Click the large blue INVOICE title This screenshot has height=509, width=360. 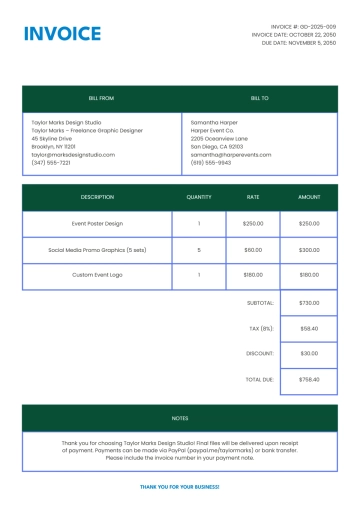pos(62,34)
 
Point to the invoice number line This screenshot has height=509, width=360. pos(304,26)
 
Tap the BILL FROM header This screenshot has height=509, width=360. pos(102,99)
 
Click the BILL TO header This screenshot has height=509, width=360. pos(259,99)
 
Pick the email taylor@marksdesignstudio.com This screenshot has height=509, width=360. pos(73,155)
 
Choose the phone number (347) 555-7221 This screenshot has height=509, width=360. pos(51,163)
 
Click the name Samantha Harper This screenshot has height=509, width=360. pos(214,122)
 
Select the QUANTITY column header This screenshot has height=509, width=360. pos(199,197)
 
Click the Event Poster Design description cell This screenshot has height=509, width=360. pos(98,224)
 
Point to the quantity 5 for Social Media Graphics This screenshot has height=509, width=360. pos(199,250)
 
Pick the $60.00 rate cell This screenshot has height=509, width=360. pos(253,250)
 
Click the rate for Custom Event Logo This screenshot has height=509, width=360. pos(253,275)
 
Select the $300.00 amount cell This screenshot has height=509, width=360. pos(309,250)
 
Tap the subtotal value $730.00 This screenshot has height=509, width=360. pos(309,302)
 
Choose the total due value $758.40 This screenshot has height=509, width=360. pos(309,380)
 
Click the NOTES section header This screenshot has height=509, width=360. pos(180,418)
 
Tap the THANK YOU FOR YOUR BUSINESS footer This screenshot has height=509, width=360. pos(180,486)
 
